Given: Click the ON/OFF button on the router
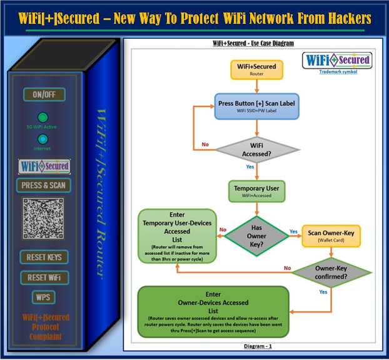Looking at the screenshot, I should tap(44, 95).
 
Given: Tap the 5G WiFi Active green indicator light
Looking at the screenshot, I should tap(43, 117).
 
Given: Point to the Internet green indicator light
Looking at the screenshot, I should tap(43, 139).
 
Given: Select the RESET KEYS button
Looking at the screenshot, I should tap(43, 257).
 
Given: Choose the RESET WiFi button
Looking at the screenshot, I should tap(43, 277).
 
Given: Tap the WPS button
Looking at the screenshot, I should tap(43, 297).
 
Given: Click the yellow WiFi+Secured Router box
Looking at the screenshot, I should tap(256, 69).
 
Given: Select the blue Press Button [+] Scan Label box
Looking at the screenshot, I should tap(256, 106).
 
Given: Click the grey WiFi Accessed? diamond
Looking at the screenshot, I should tap(257, 149).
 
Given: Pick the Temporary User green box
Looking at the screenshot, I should tap(256, 191).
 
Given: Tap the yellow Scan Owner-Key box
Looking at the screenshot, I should tap(331, 235).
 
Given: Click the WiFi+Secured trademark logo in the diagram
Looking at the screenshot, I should tap(337, 61).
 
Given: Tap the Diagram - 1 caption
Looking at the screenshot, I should tap(256, 345).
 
